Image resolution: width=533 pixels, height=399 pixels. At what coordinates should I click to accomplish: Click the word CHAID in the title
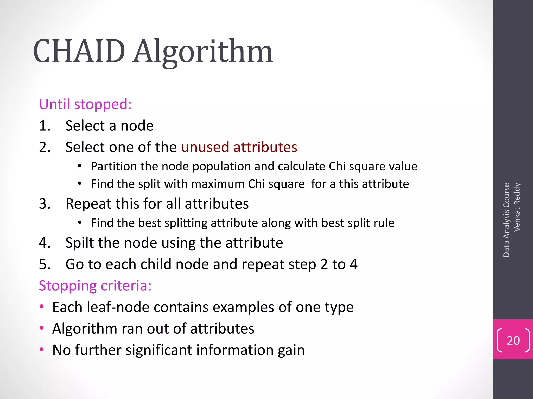[x=79, y=51]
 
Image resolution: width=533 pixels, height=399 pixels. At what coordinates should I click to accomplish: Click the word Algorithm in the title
[x=203, y=52]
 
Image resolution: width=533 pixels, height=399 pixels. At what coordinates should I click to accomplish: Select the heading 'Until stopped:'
[x=85, y=104]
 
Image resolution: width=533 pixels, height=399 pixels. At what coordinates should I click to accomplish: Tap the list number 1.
[x=44, y=126]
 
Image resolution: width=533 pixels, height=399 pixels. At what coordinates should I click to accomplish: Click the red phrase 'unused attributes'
[x=239, y=147]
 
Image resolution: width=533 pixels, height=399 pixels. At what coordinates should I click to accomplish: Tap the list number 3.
[x=44, y=204]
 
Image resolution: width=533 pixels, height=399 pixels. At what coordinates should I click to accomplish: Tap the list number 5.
[x=44, y=264]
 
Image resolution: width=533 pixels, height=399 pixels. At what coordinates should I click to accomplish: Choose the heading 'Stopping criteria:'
[x=95, y=286]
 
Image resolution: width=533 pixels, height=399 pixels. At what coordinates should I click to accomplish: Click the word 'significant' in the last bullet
[x=159, y=350]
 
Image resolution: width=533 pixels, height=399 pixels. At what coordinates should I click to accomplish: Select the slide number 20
[x=513, y=341]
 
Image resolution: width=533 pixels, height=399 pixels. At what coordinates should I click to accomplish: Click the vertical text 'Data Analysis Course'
[x=506, y=220]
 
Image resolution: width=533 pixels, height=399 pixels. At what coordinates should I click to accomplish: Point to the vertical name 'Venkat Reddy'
[x=517, y=207]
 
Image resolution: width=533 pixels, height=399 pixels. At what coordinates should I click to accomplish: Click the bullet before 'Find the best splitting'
[x=80, y=223]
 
